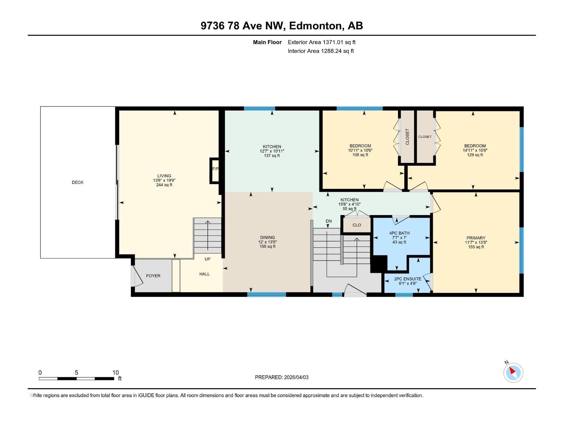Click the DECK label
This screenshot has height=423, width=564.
tap(78, 182)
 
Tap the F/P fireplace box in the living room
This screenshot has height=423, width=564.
tap(215, 170)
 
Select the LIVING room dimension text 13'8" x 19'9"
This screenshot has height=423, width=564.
tap(164, 180)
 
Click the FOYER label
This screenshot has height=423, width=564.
tap(153, 276)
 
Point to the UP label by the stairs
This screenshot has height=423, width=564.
tap(207, 259)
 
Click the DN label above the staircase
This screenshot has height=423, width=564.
tap(329, 221)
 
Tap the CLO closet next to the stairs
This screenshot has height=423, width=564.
tap(357, 225)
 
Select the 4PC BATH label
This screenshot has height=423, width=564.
tap(399, 233)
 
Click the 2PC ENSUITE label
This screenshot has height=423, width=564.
tap(407, 279)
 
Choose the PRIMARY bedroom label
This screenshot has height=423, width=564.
tap(476, 238)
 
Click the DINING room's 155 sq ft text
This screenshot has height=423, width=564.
tap(268, 246)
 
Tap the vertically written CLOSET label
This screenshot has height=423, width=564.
tap(407, 136)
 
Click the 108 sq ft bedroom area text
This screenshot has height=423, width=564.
tap(360, 155)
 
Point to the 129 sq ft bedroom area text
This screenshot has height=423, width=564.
tap(475, 155)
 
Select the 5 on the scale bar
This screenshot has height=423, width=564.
tap(76, 373)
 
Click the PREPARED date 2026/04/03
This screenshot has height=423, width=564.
tap(296, 377)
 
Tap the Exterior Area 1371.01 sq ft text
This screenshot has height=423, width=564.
tap(321, 42)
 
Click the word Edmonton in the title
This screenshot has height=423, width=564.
tap(316, 26)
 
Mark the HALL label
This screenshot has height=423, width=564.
tap(204, 274)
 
